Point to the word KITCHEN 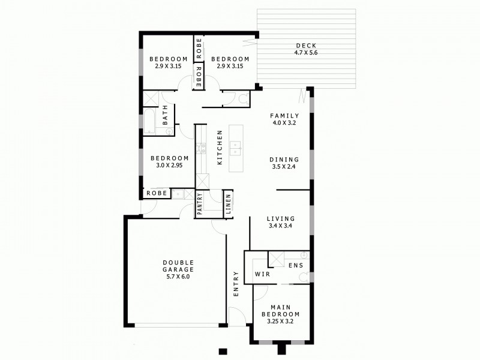coord(220,148)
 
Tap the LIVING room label coord(281,218)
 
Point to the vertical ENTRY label coord(236,284)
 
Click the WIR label coord(262,274)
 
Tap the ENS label coord(295,265)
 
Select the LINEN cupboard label coord(229,204)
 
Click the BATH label coord(165,116)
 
